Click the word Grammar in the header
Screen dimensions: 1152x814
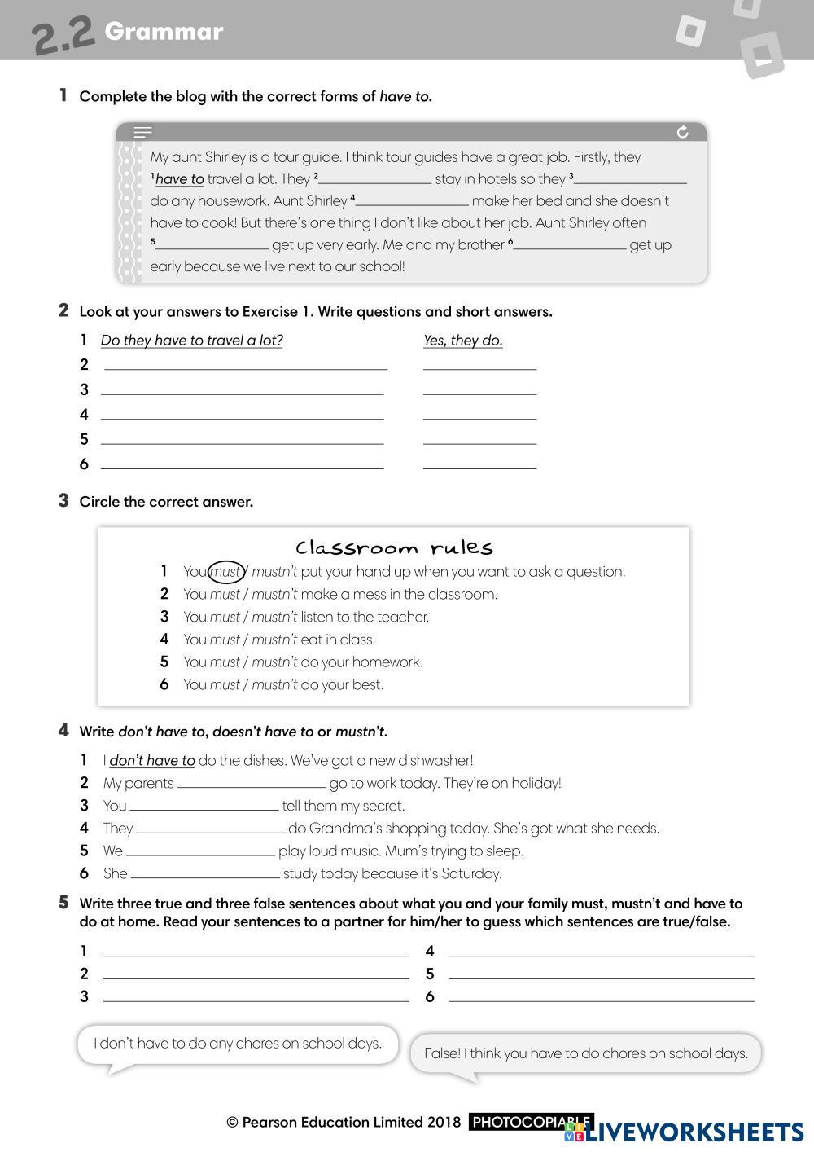coord(164,32)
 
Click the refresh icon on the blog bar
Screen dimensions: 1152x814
coord(682,132)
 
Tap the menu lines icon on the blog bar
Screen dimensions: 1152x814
coord(143,132)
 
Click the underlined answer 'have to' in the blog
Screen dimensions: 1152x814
coord(179,179)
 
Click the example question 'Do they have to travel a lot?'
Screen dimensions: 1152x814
coord(191,341)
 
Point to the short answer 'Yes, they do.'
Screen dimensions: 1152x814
coord(462,341)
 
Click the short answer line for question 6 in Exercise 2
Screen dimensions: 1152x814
coord(479,464)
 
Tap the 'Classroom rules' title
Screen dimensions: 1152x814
coord(394,547)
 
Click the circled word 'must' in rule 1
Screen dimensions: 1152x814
coord(225,572)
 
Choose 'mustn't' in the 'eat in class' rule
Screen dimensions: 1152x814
coord(274,640)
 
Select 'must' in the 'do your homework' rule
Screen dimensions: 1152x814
coord(225,662)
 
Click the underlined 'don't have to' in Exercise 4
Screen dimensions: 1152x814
coord(152,761)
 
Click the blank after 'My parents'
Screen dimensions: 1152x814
coord(251,784)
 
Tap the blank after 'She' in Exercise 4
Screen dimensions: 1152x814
coord(205,874)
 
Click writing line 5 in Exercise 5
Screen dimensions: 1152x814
coord(602,973)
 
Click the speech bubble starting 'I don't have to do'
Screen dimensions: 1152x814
coord(238,1044)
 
